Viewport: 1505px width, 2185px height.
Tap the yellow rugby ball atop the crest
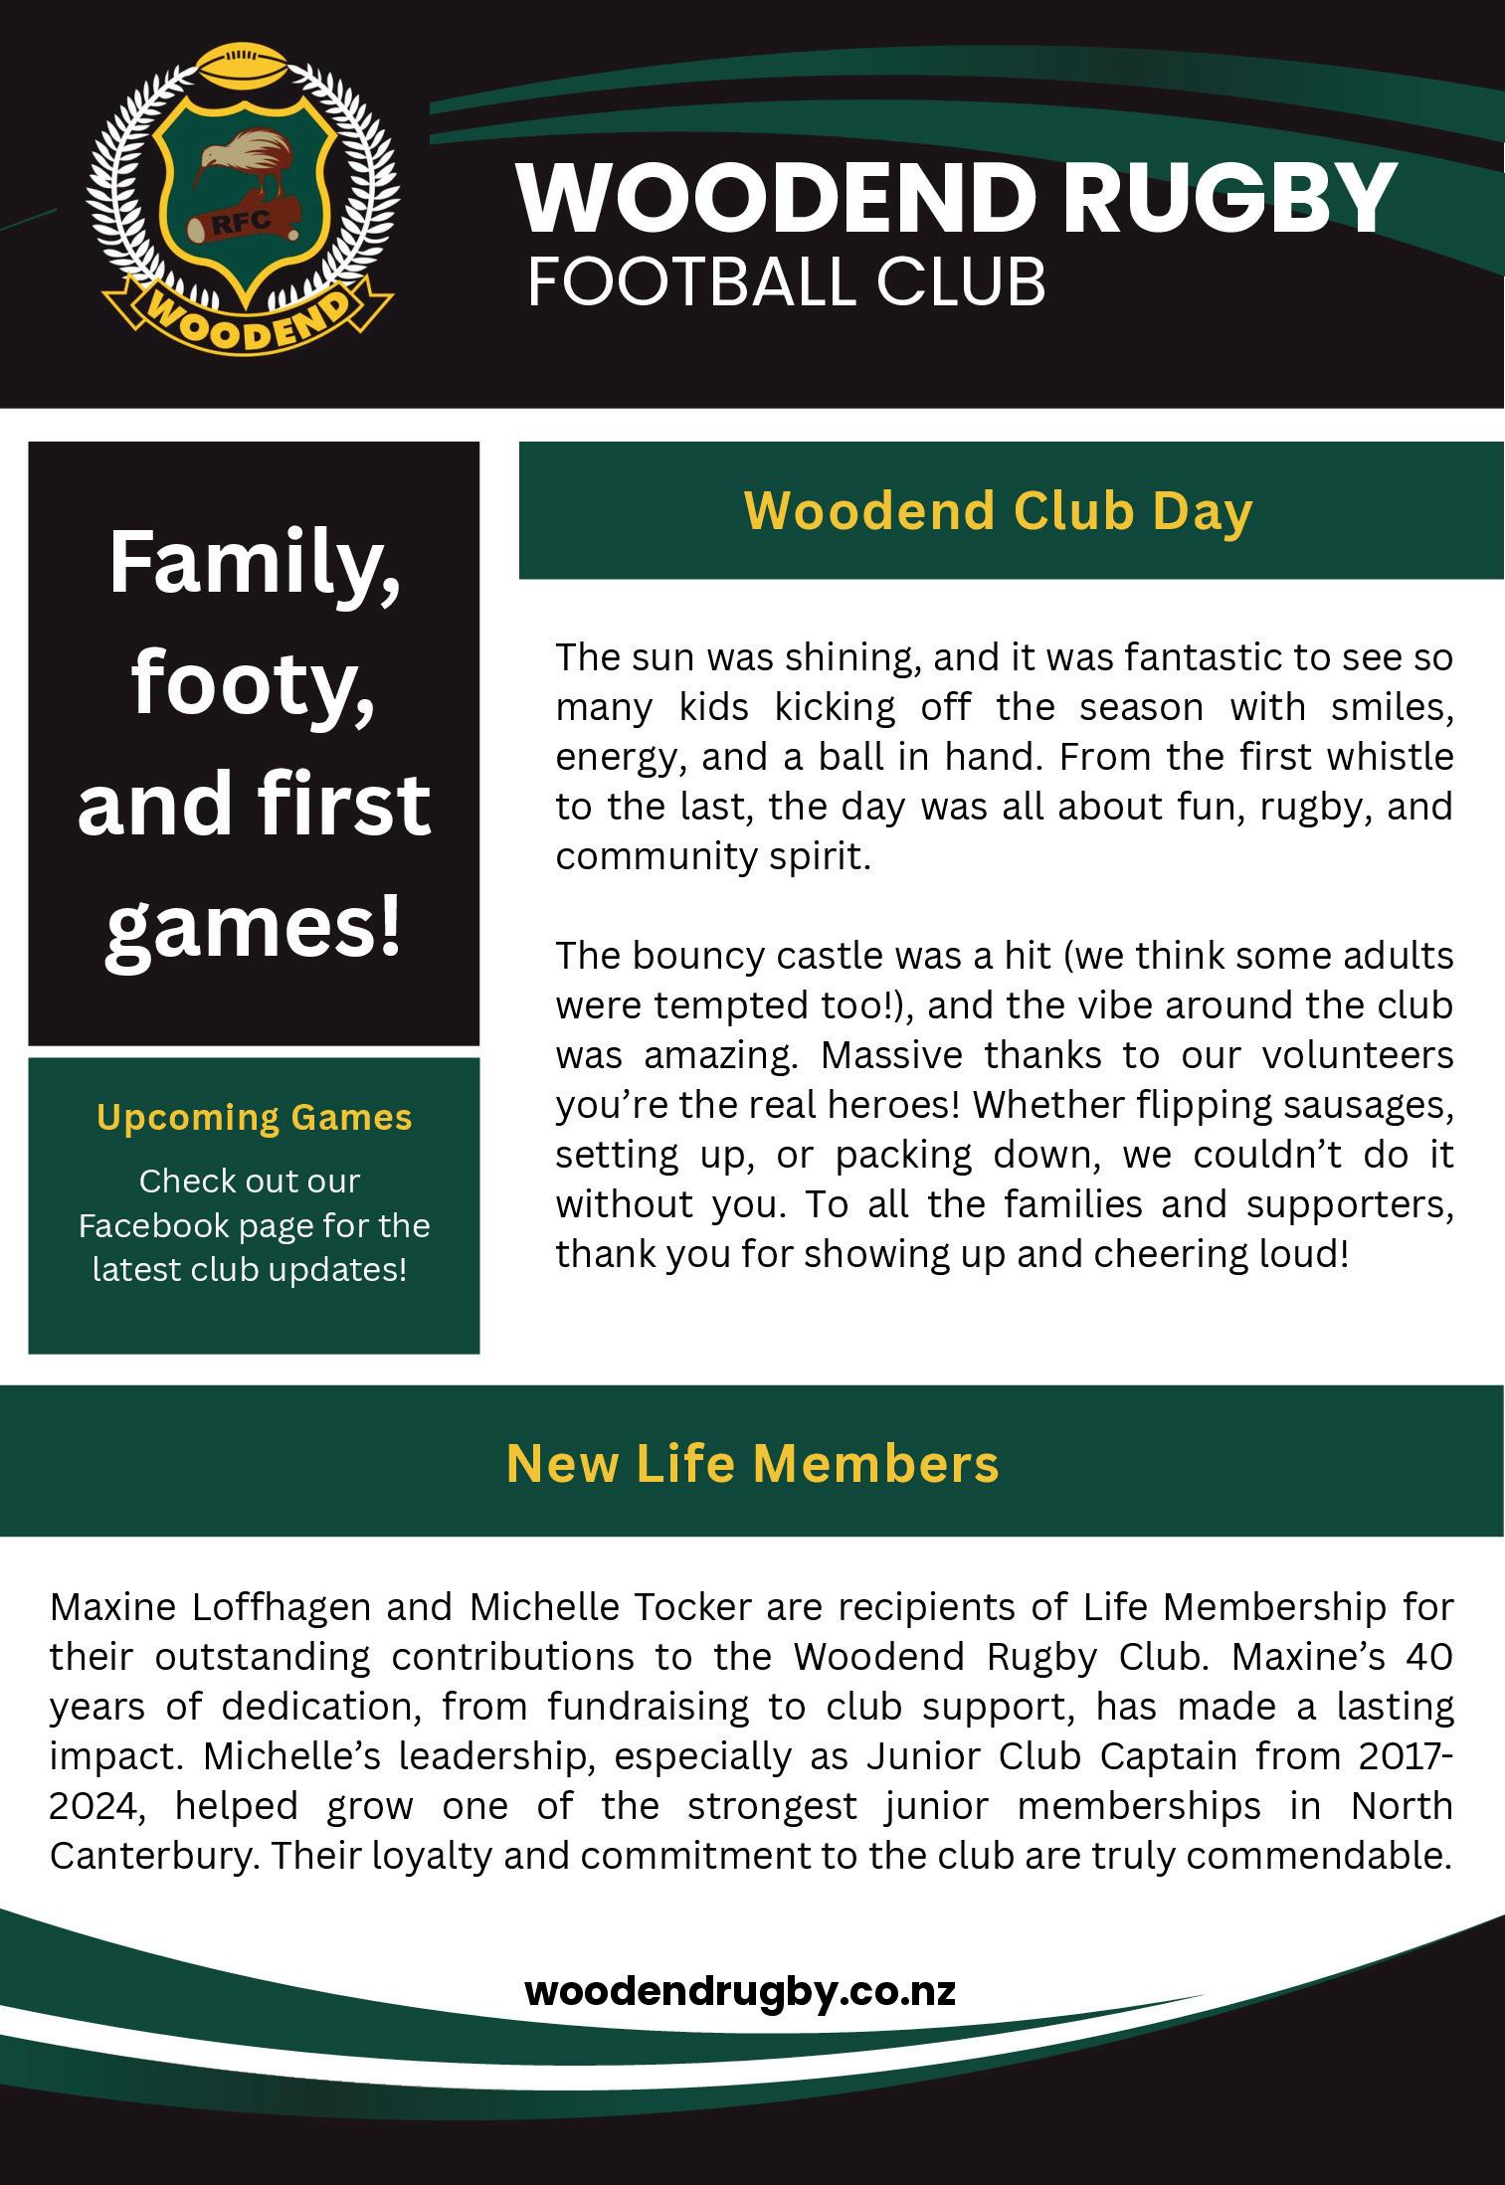pos(243,69)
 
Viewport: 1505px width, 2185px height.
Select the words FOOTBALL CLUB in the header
pos(786,280)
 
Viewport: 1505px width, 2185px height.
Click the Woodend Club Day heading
pos(998,510)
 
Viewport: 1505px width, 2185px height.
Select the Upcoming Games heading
pos(255,1117)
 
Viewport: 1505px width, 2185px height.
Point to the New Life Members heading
pos(752,1463)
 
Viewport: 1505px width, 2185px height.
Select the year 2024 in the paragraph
pos(89,1805)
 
